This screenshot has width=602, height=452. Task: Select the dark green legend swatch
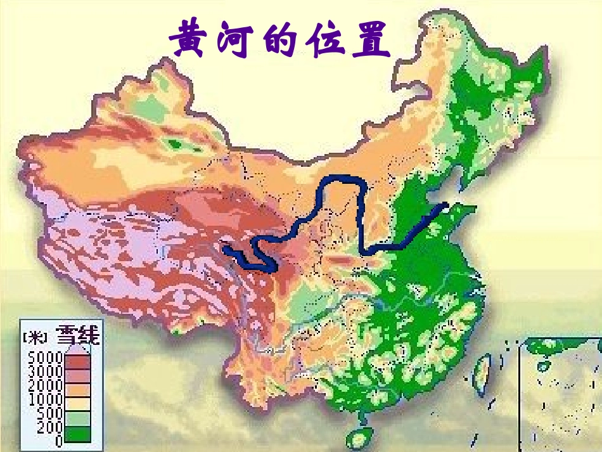click(77, 434)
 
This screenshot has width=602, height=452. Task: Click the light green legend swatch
click(77, 420)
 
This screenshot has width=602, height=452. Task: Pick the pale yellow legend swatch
click(77, 405)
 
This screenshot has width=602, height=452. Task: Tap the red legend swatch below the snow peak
click(77, 361)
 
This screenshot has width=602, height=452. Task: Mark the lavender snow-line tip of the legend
click(77, 348)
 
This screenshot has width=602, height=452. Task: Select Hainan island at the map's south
click(359, 438)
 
